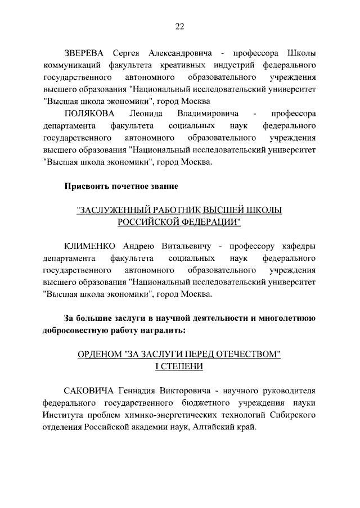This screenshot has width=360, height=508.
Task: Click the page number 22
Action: (179, 26)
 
